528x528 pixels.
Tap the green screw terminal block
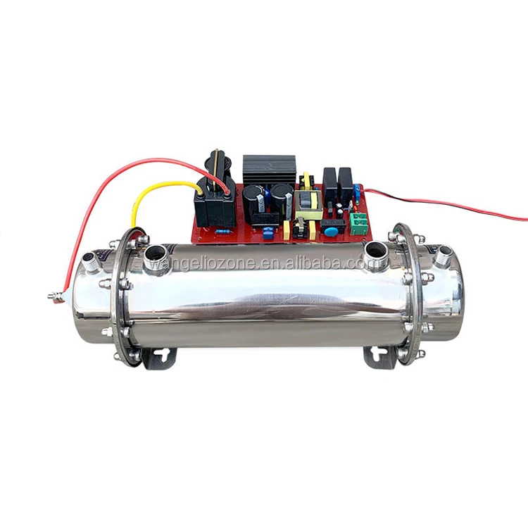(360, 223)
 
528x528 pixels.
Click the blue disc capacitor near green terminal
(329, 232)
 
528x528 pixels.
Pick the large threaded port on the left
(157, 257)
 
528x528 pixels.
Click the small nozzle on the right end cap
(442, 258)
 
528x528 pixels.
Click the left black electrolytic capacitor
(256, 199)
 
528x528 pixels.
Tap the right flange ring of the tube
(407, 296)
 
